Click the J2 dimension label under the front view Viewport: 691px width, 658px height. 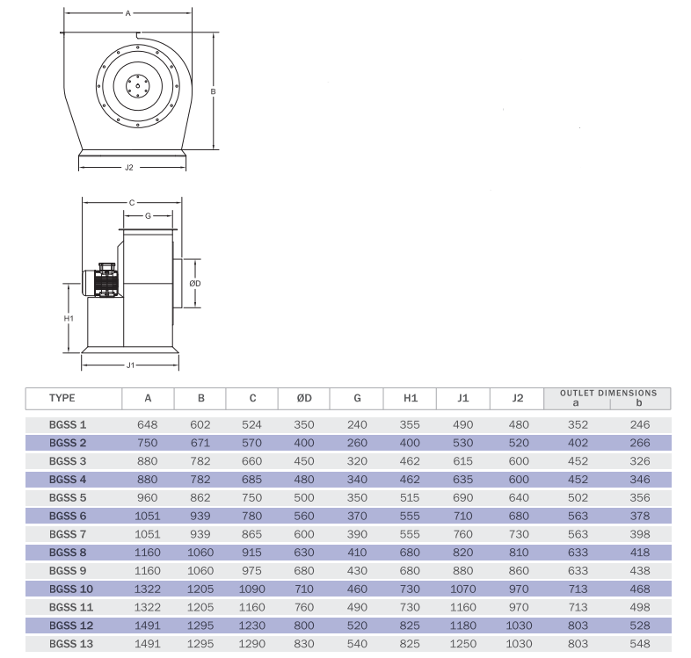pyautogui.click(x=128, y=168)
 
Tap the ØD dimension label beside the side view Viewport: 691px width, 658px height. pyautogui.click(x=195, y=283)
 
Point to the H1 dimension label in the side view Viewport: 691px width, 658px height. pyautogui.click(x=69, y=318)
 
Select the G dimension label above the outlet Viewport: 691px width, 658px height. pyautogui.click(x=148, y=216)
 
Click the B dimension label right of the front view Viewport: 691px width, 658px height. pyautogui.click(x=214, y=91)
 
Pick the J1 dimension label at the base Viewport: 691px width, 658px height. pyautogui.click(x=130, y=365)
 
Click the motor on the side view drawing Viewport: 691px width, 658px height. pyautogui.click(x=101, y=280)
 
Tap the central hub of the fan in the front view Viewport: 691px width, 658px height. pyautogui.click(x=137, y=85)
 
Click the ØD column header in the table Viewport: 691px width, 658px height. pyautogui.click(x=304, y=398)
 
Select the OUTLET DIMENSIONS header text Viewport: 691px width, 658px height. pyautogui.click(x=608, y=393)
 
